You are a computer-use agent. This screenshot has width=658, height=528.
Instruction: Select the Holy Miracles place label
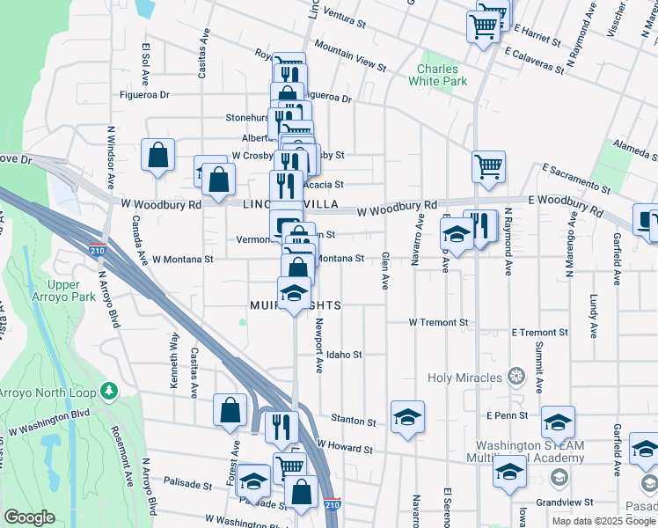[x=465, y=378]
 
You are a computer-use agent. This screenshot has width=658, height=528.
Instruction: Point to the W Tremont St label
[x=438, y=323]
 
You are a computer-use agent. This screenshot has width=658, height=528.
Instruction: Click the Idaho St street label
[x=345, y=355]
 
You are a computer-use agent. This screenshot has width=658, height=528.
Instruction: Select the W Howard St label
[x=345, y=449]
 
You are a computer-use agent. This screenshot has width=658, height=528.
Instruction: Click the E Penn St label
[x=506, y=414]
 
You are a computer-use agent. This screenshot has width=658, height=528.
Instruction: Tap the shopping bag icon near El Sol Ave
[x=157, y=156]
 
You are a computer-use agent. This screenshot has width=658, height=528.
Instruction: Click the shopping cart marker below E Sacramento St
[x=488, y=165]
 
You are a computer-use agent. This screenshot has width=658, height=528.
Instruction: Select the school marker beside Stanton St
[x=407, y=416]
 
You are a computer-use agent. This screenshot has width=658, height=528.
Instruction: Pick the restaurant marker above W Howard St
[x=281, y=426]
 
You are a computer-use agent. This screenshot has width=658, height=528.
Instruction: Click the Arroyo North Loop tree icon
[x=109, y=389]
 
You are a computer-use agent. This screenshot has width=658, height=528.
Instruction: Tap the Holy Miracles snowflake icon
[x=516, y=378]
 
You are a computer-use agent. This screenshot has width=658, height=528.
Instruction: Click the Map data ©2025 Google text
[x=603, y=521]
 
